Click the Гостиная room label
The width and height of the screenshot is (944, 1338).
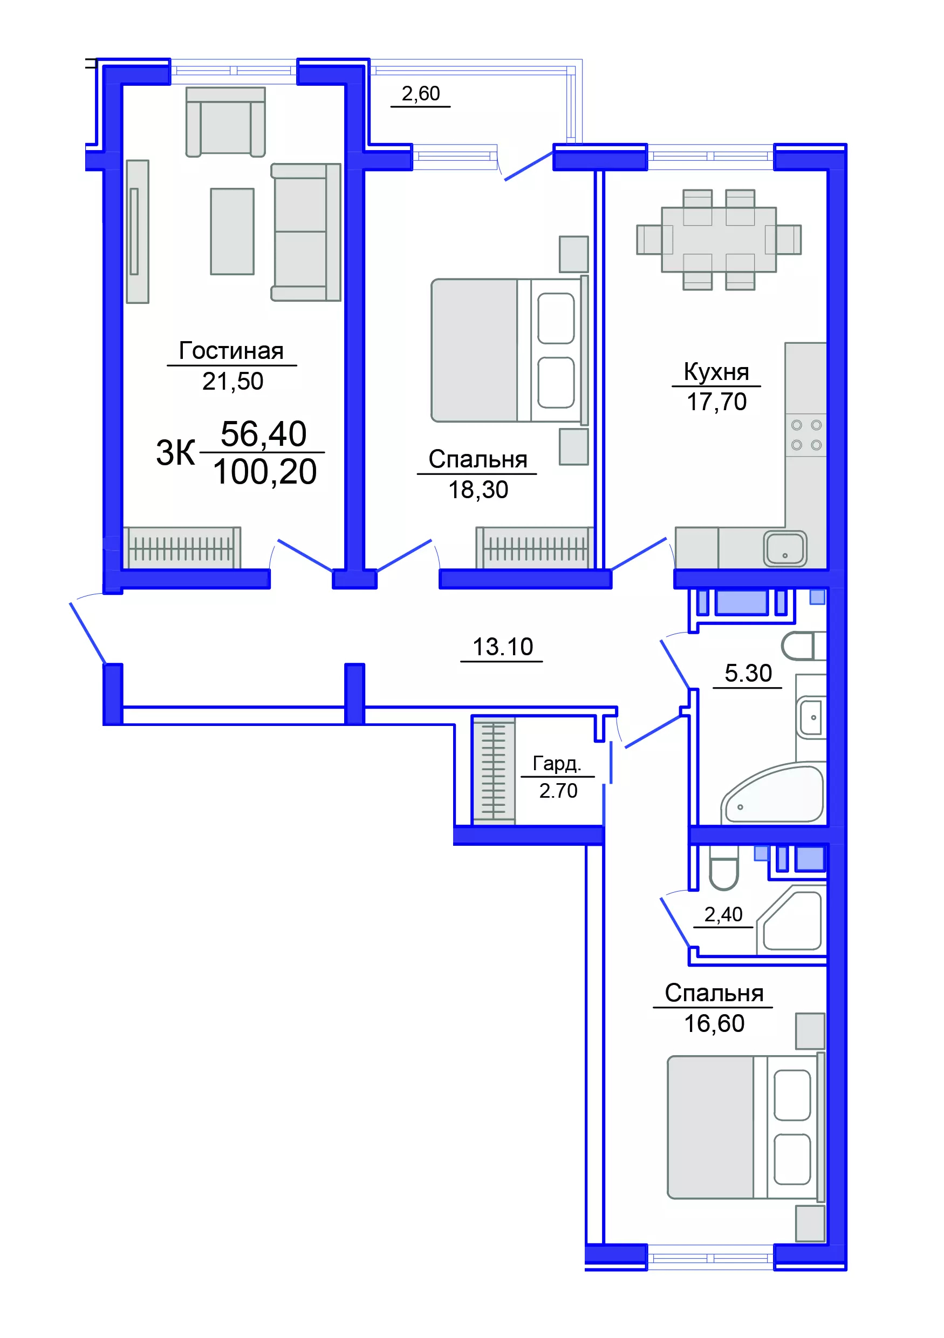[231, 351]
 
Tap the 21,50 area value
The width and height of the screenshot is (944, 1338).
[232, 381]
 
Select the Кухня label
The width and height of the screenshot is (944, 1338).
[716, 372]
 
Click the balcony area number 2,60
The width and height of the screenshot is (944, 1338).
[420, 93]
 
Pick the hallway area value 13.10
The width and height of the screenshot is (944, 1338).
[502, 647]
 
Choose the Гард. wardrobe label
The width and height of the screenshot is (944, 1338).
[557, 763]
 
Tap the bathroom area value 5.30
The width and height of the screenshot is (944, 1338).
[748, 673]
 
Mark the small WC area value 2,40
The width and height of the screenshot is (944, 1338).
[723, 914]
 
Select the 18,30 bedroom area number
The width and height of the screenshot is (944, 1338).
[477, 490]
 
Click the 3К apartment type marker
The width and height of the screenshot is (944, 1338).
[175, 453]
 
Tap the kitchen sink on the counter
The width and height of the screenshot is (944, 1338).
[785, 548]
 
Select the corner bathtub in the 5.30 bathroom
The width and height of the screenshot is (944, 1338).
[774, 792]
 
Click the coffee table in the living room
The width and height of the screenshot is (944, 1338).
[232, 231]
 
